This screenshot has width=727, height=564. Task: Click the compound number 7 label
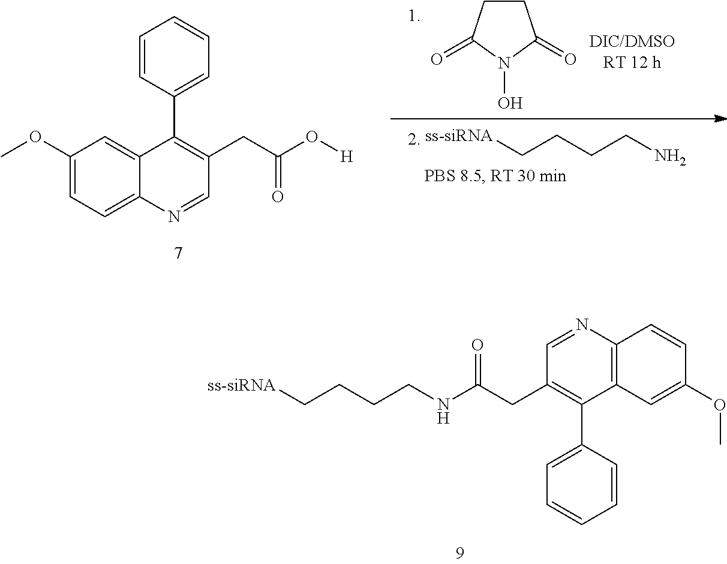[178, 253]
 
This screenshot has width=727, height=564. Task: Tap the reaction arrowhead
[719, 119]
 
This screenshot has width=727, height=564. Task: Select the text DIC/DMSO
[631, 41]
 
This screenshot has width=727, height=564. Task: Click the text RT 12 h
[632, 62]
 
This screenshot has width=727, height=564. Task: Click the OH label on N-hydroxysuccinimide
[510, 103]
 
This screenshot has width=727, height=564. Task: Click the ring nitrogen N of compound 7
[174, 216]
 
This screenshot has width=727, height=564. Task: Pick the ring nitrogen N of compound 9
[580, 325]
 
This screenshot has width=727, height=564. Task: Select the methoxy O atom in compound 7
[35, 137]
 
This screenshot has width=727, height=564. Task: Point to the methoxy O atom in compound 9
[719, 405]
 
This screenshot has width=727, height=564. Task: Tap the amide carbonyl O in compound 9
[478, 346]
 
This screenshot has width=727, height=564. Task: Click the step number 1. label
[414, 17]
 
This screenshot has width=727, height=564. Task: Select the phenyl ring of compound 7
[174, 55]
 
